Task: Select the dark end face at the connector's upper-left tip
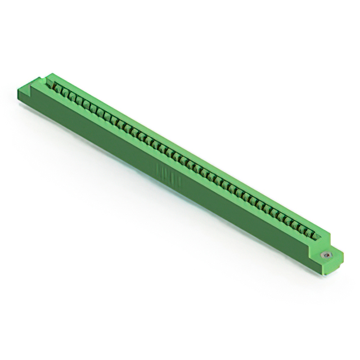point(22,96)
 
